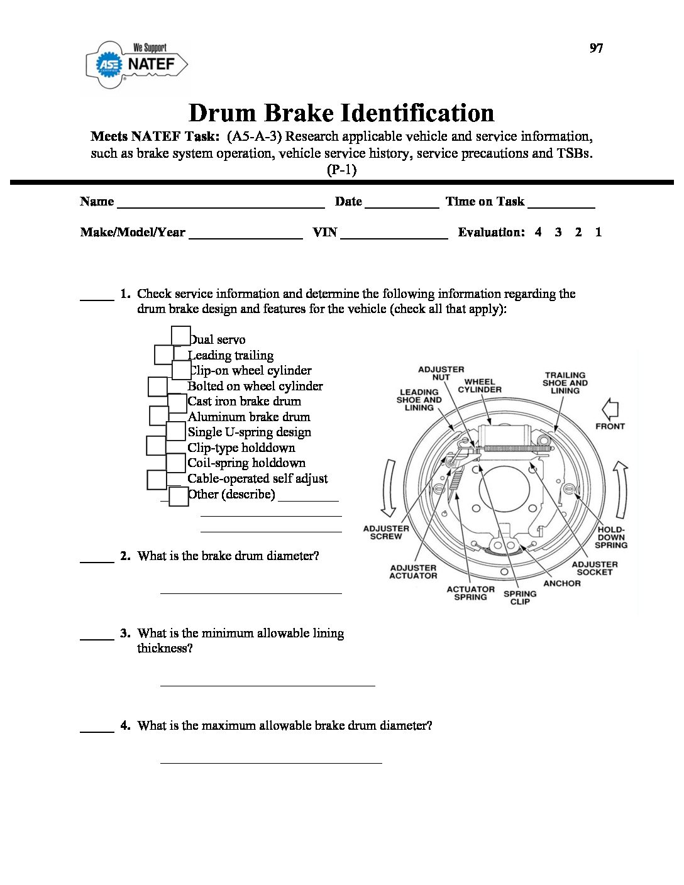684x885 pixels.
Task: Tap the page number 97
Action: tap(596, 48)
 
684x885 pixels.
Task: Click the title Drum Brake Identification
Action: tap(341, 113)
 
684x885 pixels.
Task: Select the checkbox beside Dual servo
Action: tap(181, 336)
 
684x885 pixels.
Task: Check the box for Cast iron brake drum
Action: tap(177, 403)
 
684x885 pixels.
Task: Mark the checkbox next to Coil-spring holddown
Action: tap(176, 463)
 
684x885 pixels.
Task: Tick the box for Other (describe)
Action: tap(179, 497)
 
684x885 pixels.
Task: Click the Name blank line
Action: tap(221, 205)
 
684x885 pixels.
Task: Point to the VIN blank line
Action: tap(394, 236)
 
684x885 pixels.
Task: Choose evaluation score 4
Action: tap(538, 232)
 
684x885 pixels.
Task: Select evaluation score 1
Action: tap(598, 232)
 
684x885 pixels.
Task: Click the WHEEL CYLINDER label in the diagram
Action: tap(480, 385)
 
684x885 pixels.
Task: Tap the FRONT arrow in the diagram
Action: tap(610, 410)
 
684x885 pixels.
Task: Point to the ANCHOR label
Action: tap(562, 583)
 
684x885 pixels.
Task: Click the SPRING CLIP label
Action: tap(520, 597)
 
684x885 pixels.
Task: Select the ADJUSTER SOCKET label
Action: tap(595, 568)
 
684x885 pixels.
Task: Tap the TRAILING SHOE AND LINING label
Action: tap(565, 383)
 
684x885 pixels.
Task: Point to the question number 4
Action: tap(126, 725)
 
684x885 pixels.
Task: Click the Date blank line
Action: tap(402, 205)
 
